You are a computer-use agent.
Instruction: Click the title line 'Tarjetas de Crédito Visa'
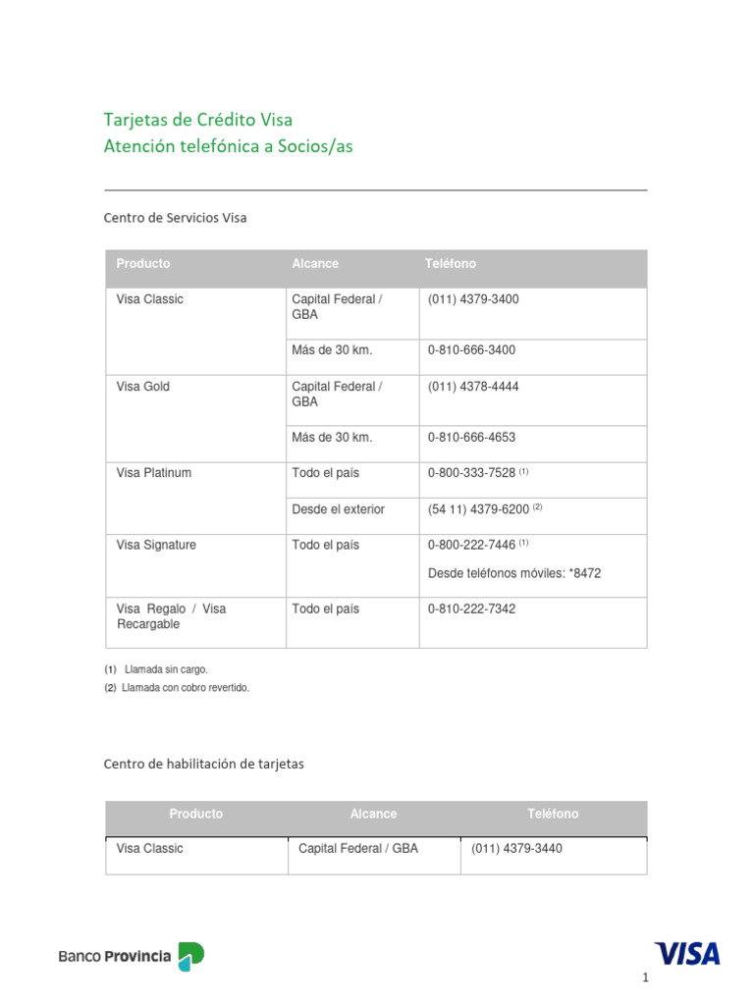[x=198, y=120]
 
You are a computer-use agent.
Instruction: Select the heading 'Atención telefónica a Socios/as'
[x=228, y=146]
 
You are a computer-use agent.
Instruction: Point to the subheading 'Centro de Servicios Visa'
[x=175, y=218]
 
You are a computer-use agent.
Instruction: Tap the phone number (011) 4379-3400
[x=473, y=299]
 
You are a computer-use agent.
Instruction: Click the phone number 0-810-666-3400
[x=471, y=350]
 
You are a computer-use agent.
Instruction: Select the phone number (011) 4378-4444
[x=473, y=387]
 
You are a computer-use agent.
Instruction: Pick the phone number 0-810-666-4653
[x=471, y=438]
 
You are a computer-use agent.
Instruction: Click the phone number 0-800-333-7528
[x=471, y=473]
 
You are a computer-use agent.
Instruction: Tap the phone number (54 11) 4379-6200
[x=478, y=509]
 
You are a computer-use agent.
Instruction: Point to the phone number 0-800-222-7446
[x=471, y=545]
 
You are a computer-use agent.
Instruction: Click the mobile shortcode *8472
[x=584, y=573]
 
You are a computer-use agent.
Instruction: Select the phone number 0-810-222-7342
[x=471, y=609]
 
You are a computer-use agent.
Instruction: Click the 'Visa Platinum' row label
[x=154, y=473]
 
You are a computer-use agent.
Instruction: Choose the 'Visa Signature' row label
[x=156, y=545]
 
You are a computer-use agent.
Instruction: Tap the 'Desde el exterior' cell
[x=338, y=509]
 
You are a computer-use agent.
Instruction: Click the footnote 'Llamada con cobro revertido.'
[x=186, y=688]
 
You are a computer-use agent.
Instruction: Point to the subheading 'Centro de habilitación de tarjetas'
[x=203, y=765]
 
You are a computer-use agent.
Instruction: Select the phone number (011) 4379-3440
[x=516, y=849]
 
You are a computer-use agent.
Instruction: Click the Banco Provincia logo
[x=132, y=956]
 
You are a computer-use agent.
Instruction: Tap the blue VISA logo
[x=687, y=954]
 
